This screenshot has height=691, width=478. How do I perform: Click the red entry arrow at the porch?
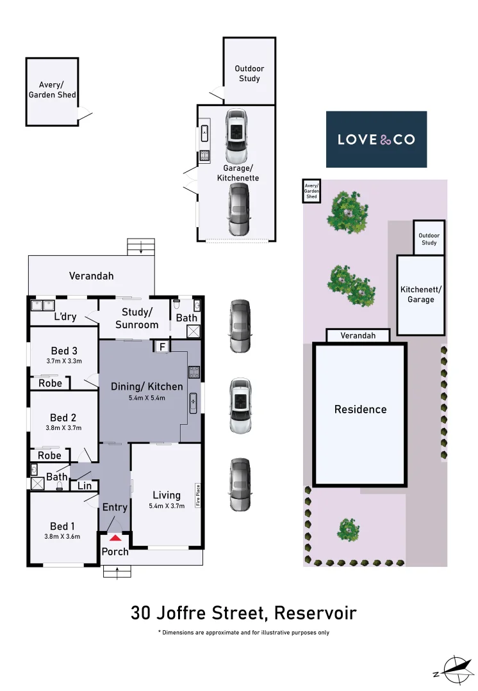point(115,537)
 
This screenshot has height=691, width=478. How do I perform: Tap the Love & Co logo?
point(376,139)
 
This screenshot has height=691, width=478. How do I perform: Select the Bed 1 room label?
point(63,526)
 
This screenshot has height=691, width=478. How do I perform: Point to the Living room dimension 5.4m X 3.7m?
point(167,506)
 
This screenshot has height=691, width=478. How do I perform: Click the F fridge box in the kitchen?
point(162,347)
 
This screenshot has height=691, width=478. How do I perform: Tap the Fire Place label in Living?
point(199,495)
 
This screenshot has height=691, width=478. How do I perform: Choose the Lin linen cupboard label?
point(85,486)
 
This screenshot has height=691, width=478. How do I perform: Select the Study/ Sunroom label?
point(136,319)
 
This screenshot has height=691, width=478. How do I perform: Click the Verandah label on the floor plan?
point(91,276)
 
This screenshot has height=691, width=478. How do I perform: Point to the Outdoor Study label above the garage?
point(249,74)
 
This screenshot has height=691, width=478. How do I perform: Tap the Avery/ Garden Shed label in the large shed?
point(52,90)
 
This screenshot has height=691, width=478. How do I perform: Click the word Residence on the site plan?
point(360,409)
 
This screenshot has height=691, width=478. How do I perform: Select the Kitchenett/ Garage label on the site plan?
point(421,294)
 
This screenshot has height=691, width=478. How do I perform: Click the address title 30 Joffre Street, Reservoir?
point(243,613)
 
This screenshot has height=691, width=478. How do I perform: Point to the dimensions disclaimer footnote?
point(243,632)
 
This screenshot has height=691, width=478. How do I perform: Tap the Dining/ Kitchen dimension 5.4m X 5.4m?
point(147,398)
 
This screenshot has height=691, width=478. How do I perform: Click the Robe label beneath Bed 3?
point(50,383)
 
